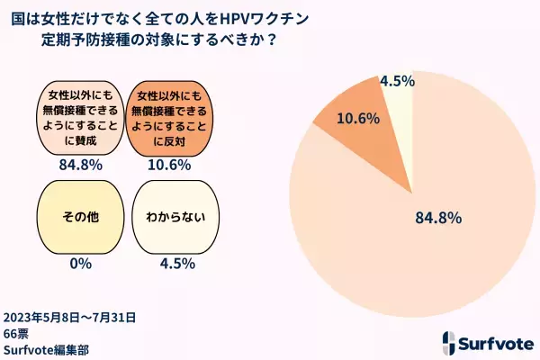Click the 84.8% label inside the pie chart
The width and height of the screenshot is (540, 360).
(438, 217)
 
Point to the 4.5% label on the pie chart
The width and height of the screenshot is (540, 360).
(397, 80)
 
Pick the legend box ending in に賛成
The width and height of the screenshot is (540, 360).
(75, 117)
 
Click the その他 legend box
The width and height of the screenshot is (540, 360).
(75, 217)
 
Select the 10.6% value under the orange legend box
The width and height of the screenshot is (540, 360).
(171, 166)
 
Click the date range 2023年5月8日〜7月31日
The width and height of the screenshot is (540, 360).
(69, 317)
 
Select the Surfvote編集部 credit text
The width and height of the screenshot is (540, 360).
(45, 349)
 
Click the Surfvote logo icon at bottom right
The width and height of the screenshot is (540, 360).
(452, 343)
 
